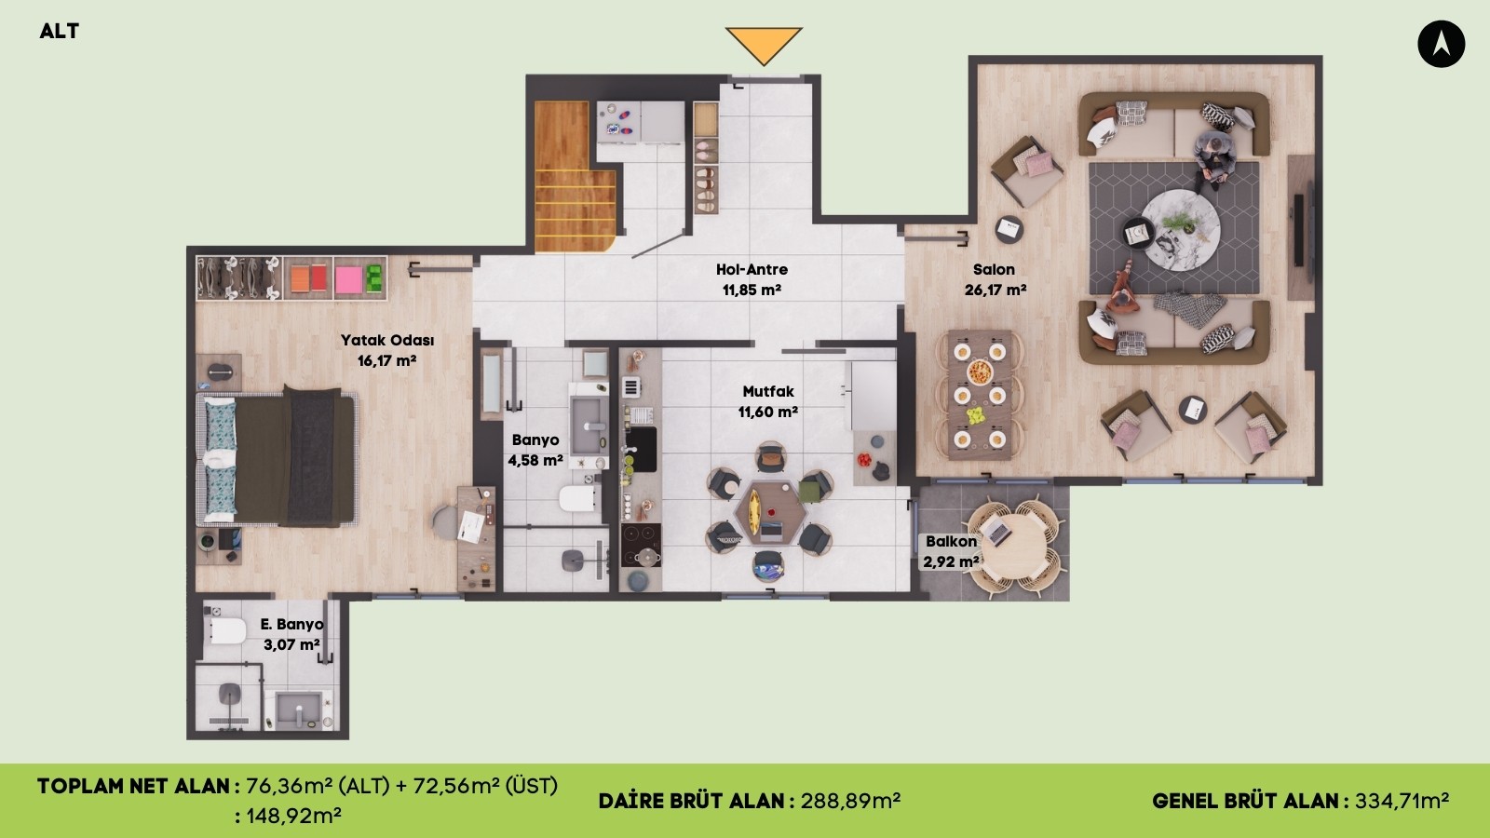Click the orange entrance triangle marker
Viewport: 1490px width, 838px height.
point(764,44)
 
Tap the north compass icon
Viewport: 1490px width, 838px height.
point(1441,44)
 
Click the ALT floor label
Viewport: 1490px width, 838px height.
point(60,32)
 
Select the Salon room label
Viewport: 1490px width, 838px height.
point(994,269)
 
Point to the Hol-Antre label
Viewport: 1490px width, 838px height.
point(752,269)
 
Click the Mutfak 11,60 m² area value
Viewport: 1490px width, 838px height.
point(767,412)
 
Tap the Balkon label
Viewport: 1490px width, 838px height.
point(951,541)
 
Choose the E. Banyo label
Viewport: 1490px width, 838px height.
point(291,625)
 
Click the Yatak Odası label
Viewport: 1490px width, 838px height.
point(387,340)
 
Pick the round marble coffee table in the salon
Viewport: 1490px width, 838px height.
point(1181,229)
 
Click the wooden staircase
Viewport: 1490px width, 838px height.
point(575,177)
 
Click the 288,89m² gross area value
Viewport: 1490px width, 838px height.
point(850,801)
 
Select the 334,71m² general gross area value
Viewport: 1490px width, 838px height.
point(1402,801)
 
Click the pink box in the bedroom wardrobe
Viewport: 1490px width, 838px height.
point(348,279)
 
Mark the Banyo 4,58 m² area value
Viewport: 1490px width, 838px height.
point(535,460)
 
